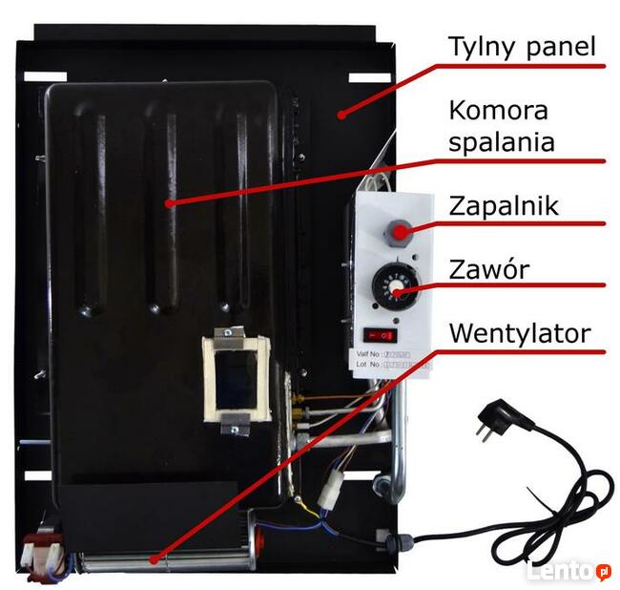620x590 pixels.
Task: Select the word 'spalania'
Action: pos(502,142)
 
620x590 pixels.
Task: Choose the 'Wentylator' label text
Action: pos(520,333)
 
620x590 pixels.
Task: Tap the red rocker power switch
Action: pos(377,335)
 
